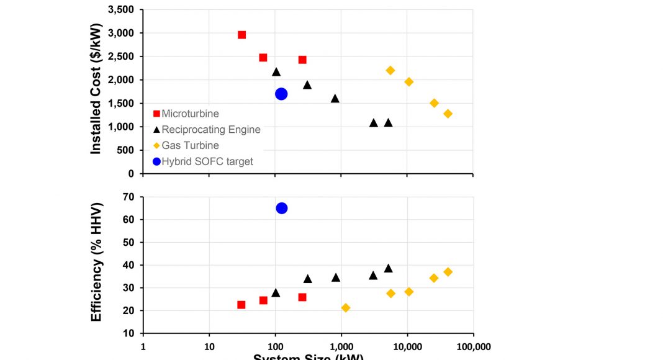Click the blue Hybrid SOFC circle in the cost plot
click(x=281, y=94)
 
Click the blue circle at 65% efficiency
click(x=281, y=208)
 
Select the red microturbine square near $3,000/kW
click(x=241, y=35)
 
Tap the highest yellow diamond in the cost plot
click(x=390, y=70)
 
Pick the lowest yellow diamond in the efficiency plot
click(x=346, y=308)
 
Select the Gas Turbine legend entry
click(x=190, y=145)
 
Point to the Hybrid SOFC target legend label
click(x=207, y=161)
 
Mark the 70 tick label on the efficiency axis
click(x=129, y=197)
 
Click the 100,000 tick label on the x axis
click(x=473, y=347)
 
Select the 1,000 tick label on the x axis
click(x=341, y=347)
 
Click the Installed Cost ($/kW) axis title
click(x=97, y=91)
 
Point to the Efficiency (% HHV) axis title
click(x=97, y=262)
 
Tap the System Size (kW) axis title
click(x=308, y=356)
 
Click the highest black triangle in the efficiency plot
click(x=388, y=268)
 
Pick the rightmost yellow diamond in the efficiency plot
click(x=448, y=272)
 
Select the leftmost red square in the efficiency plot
click(x=241, y=305)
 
